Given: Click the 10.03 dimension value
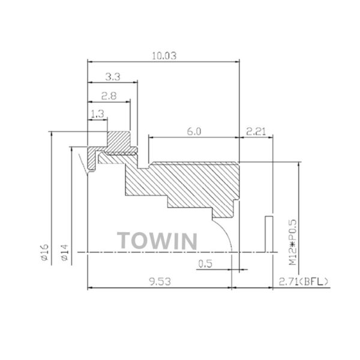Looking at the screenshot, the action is pyautogui.click(x=164, y=56).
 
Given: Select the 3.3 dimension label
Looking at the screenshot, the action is pyautogui.click(x=113, y=77).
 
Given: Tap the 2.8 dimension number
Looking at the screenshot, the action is pyautogui.click(x=109, y=96).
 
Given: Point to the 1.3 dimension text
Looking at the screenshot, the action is pyautogui.click(x=98, y=114).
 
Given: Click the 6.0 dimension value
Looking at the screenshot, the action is pyautogui.click(x=194, y=131).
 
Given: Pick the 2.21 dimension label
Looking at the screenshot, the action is pyautogui.click(x=256, y=131).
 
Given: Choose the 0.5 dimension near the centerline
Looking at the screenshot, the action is pyautogui.click(x=205, y=264).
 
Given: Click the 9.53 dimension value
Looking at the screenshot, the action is pyautogui.click(x=160, y=282).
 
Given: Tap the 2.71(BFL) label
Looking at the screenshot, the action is pyautogui.click(x=303, y=281).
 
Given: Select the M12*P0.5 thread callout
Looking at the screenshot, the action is pyautogui.click(x=293, y=242).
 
